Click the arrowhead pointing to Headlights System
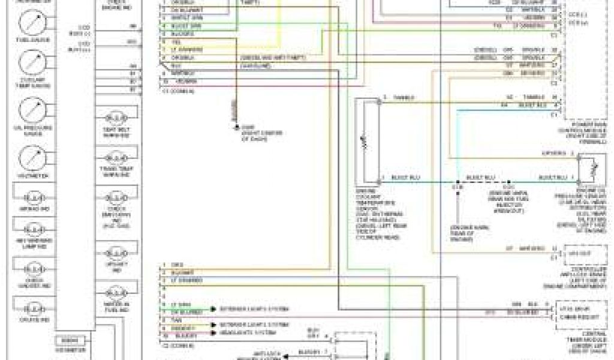tap(213, 332)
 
